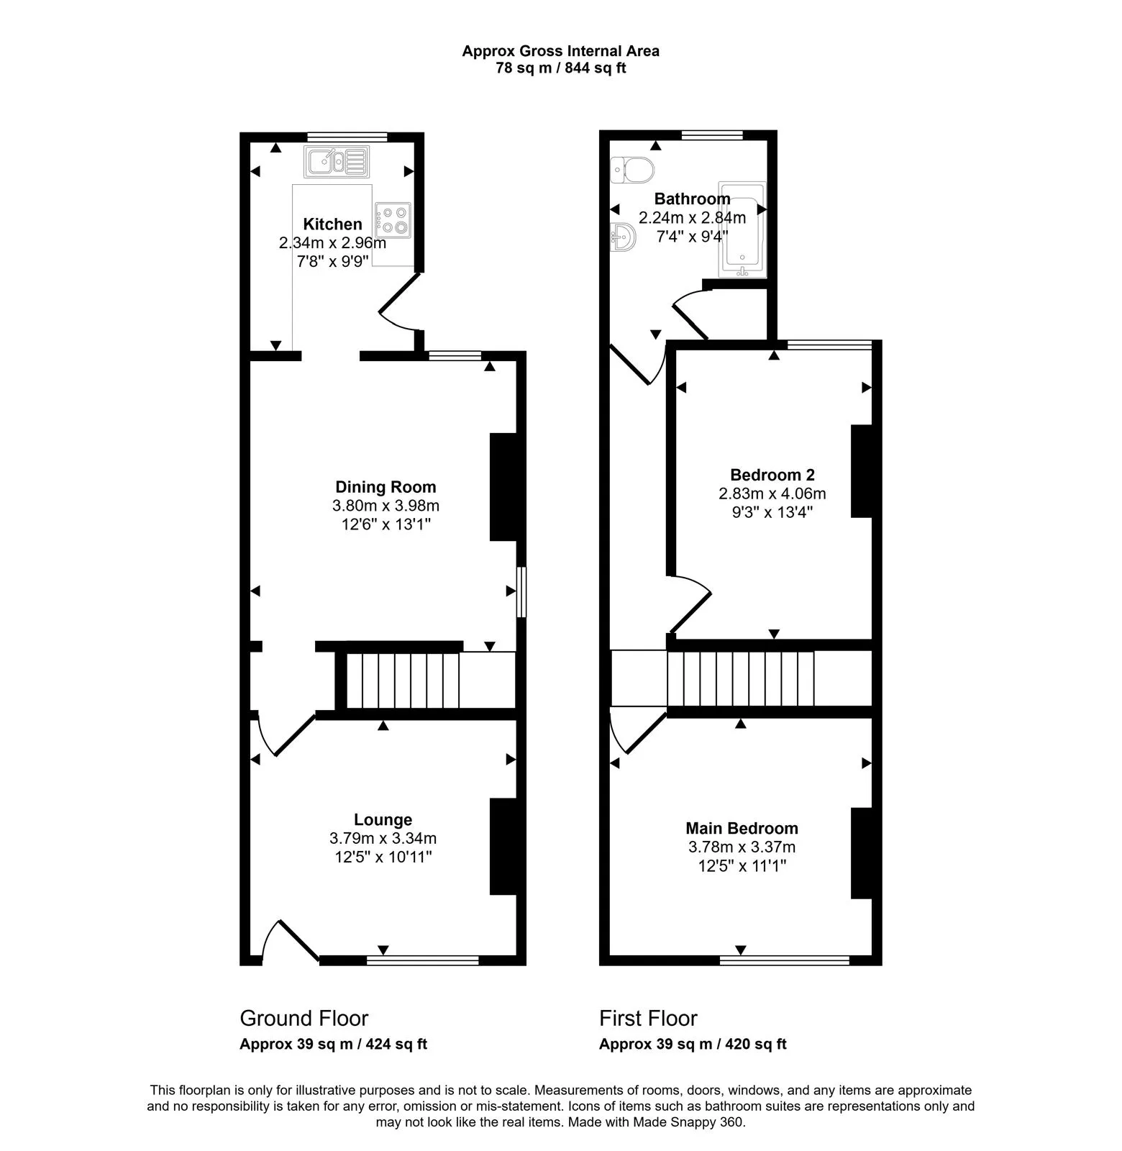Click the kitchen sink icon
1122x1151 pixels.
click(336, 162)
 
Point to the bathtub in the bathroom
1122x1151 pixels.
click(742, 229)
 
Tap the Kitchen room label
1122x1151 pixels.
click(332, 224)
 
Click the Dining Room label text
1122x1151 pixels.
click(386, 487)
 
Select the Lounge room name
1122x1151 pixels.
click(383, 819)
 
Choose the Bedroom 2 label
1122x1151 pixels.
click(772, 475)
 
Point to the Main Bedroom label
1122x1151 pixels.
click(742, 828)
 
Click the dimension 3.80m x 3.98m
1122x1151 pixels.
click(386, 506)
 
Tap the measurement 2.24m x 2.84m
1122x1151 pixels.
click(692, 217)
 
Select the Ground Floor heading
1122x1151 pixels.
click(304, 1018)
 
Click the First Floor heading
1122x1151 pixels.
click(648, 1018)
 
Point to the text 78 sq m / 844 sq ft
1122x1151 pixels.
click(560, 69)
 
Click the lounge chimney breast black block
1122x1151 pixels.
click(503, 846)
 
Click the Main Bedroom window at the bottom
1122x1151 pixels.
click(785, 960)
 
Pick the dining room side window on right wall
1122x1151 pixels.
click(522, 592)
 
